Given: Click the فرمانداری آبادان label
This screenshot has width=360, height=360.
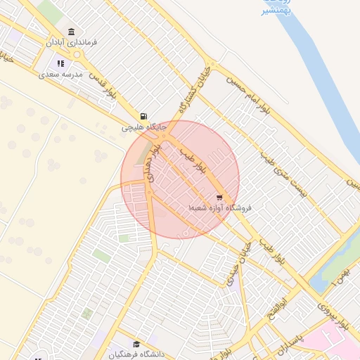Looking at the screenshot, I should click(72, 43).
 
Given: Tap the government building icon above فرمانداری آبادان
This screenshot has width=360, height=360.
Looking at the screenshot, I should click(72, 32).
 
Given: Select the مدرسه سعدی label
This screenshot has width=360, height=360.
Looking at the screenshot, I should click(61, 74).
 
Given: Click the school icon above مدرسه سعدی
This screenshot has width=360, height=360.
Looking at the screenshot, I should click(61, 63).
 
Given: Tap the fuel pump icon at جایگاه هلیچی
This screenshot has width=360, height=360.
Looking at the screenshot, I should click(144, 116).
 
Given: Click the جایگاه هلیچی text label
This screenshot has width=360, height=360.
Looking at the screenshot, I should click(144, 127).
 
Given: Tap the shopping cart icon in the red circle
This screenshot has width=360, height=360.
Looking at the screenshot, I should click(219, 198).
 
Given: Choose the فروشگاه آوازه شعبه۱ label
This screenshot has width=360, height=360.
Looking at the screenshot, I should click(220, 209).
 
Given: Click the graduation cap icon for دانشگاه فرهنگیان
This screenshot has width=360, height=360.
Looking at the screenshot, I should click(136, 345).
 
